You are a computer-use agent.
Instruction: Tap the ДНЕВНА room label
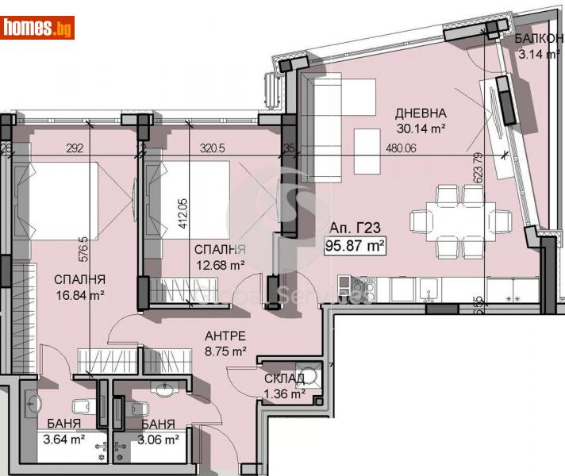[x=421, y=113]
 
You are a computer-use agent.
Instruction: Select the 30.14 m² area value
[x=421, y=127]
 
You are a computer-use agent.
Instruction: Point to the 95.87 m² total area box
[x=356, y=246]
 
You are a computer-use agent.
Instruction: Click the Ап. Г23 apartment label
[x=355, y=230]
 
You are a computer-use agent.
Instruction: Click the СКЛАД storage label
[x=285, y=378]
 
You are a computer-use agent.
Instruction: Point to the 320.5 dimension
[x=213, y=147]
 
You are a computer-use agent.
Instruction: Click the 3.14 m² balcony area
[x=533, y=55]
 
